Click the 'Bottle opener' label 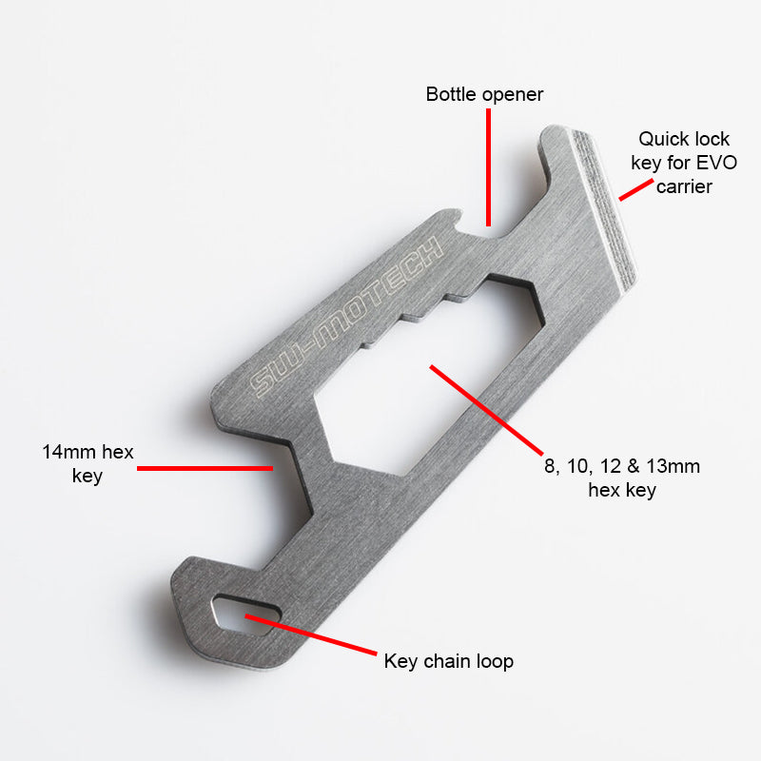coord(484,94)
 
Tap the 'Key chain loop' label coord(448,660)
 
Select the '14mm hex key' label coord(87,462)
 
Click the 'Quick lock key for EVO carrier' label coord(683,163)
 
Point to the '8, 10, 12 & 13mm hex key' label coord(619,478)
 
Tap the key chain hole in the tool coord(244,615)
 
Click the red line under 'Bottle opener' coord(488,166)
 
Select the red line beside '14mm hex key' coord(205,468)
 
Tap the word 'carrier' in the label coord(684,186)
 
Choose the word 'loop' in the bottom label coord(494,660)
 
